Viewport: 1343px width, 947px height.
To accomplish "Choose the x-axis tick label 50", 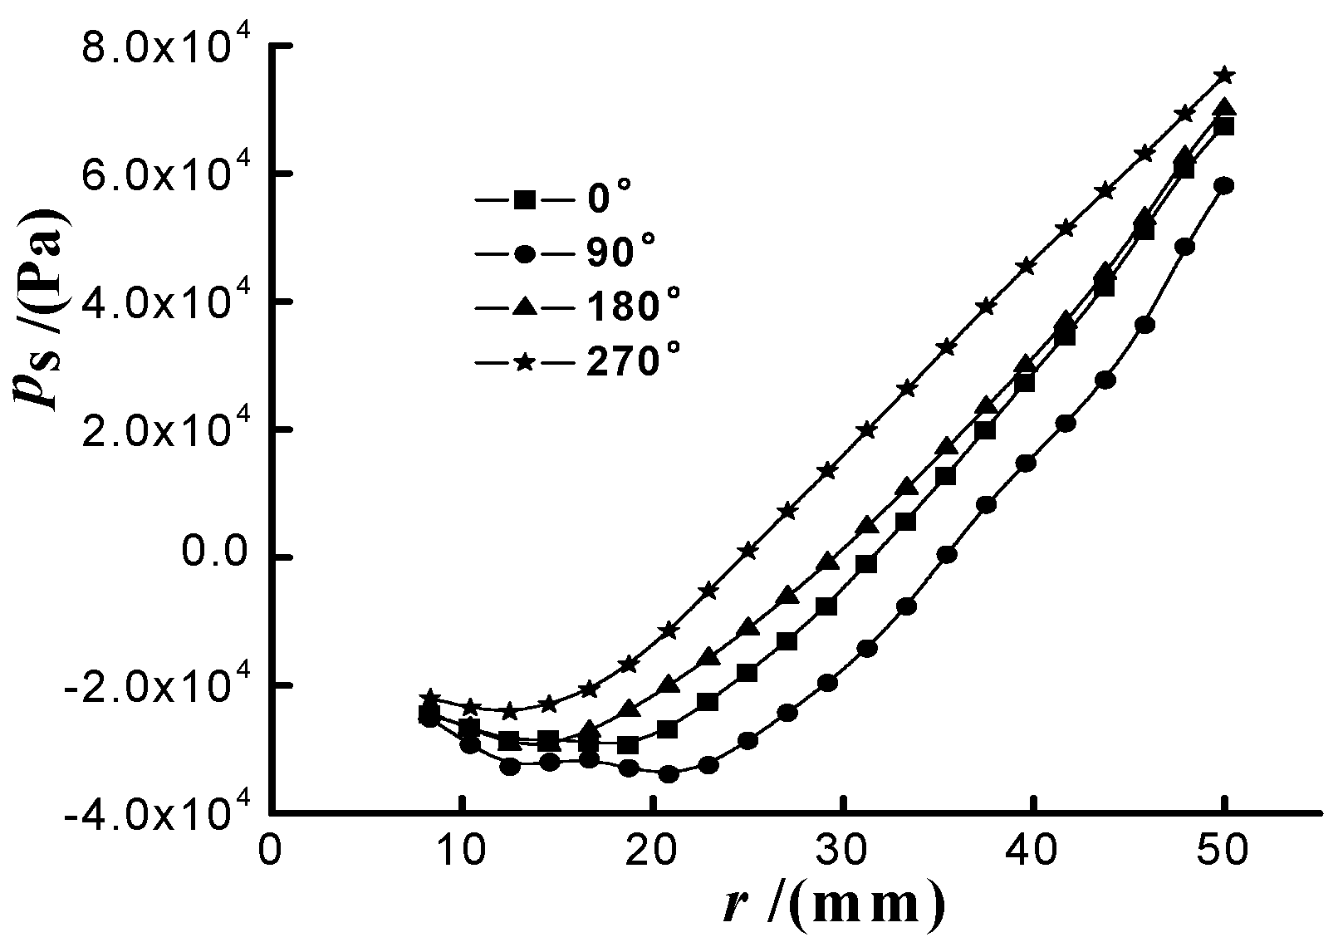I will [x=1223, y=854].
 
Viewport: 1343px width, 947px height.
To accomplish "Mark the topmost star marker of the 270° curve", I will [x=1224, y=76].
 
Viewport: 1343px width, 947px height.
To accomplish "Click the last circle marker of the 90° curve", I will [x=1223, y=185].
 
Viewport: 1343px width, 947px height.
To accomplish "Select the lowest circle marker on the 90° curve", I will [x=669, y=774].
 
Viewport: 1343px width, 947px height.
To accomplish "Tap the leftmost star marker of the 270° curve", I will [x=429, y=696].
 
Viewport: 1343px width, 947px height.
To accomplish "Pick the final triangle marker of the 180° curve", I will [x=1224, y=108].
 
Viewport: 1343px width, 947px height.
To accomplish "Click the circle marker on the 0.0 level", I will [x=947, y=554].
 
